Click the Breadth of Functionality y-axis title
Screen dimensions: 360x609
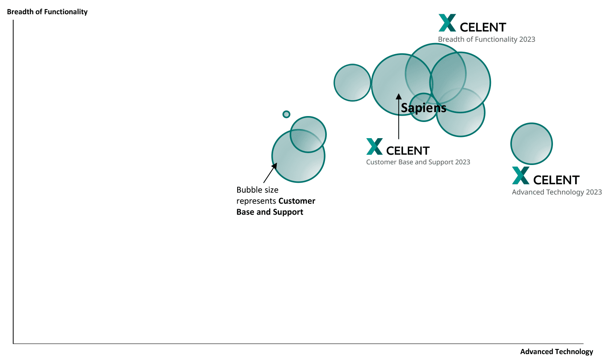coord(47,12)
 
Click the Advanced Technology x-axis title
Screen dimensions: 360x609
coord(557,352)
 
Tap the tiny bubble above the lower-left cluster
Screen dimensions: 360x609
coord(287,114)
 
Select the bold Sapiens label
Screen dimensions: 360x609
coord(423,108)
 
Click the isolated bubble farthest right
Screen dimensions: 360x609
coord(531,144)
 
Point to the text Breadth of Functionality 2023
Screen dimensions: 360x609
coord(486,39)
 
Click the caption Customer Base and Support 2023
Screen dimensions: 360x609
coord(418,162)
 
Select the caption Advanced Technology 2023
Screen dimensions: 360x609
coord(557,192)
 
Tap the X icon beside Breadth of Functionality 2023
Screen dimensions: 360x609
coord(447,23)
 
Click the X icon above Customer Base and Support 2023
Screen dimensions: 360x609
coord(375,146)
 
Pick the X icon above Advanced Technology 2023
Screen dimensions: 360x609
coord(521,176)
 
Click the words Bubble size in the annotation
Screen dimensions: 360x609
coord(257,190)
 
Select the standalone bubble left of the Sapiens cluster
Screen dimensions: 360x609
coord(352,83)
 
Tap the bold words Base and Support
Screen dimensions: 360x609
coord(270,212)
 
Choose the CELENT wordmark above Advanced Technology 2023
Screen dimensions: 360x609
coord(556,180)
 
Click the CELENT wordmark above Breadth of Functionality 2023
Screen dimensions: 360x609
coord(483,27)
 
